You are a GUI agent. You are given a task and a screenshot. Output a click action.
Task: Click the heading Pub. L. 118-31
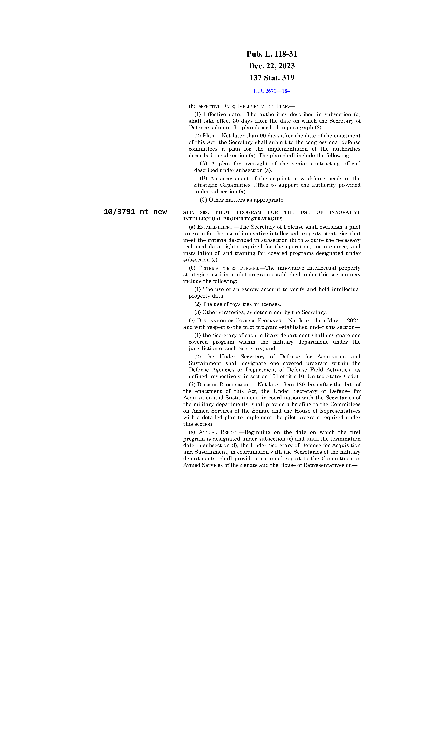(x=272, y=54)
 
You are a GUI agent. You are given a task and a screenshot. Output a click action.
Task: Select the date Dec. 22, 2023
(x=272, y=66)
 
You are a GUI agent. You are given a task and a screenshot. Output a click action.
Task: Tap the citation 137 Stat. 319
(x=272, y=78)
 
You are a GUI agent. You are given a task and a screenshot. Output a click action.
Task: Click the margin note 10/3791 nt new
(x=135, y=212)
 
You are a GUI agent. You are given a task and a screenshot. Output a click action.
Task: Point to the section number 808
(x=204, y=212)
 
